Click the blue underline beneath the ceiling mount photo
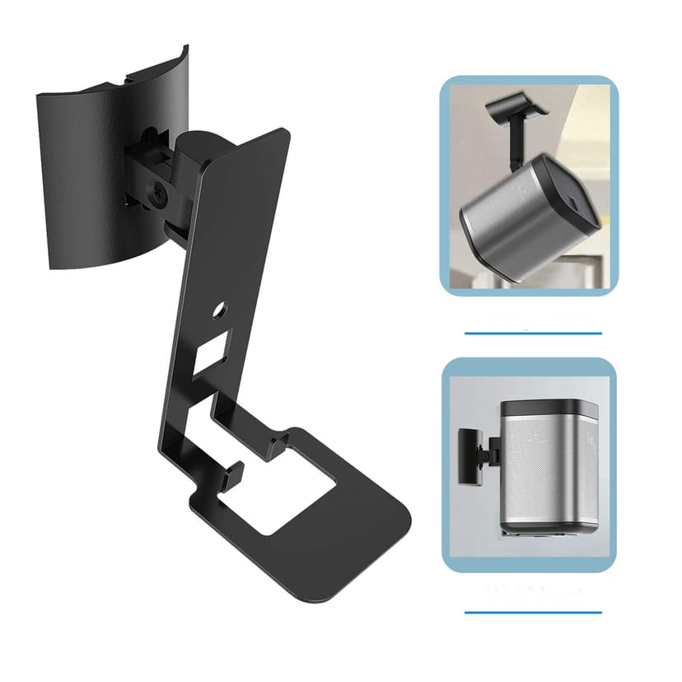[533, 334]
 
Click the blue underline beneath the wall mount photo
[533, 612]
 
